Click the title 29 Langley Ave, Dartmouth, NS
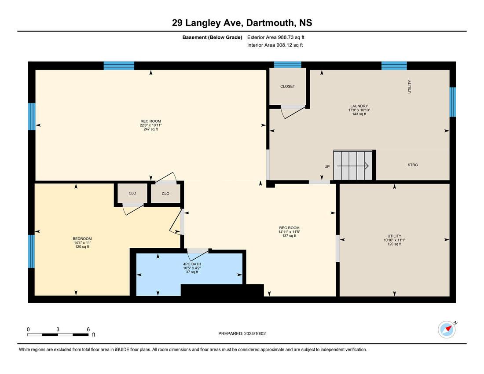point(242,22)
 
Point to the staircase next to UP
point(353,165)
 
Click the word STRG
point(413,165)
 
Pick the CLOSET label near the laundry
point(287,86)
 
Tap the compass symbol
point(447,330)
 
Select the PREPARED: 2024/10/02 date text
point(242,334)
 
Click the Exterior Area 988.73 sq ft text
point(275,37)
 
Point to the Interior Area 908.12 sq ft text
point(275,45)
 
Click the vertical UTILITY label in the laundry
point(410,87)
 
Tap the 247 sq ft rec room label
point(150,129)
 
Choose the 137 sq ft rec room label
point(289,236)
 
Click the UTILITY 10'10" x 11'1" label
point(395,240)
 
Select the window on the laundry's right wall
point(452,102)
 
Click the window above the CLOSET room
point(288,65)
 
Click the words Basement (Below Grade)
point(212,37)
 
